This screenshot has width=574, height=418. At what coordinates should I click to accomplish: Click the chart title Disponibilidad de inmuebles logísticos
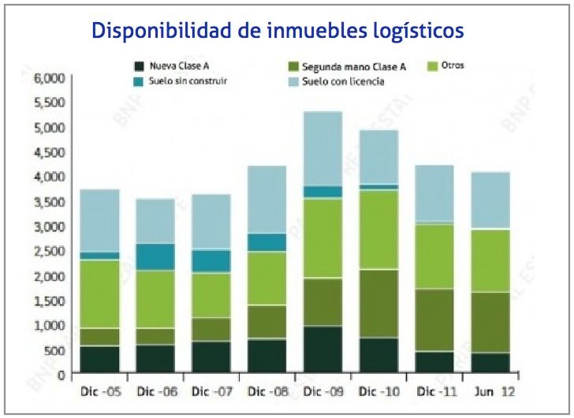278,32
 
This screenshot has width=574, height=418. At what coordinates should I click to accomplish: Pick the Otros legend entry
453,65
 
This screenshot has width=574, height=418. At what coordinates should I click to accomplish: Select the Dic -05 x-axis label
100,390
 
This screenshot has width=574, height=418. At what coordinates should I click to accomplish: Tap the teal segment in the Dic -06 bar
155,256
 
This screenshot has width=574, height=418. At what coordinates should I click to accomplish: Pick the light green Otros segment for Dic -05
100,293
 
